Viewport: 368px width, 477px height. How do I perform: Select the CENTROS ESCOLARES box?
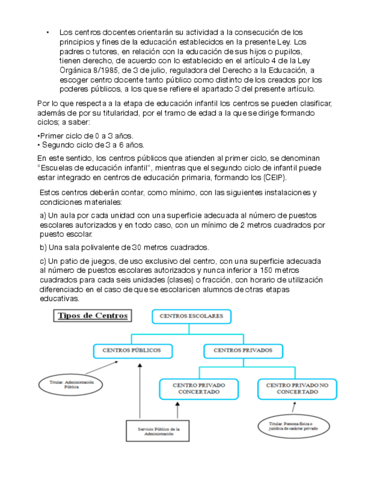(191, 316)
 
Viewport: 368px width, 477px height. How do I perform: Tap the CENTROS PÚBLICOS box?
(131, 350)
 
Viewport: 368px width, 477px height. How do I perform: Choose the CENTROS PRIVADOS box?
(243, 350)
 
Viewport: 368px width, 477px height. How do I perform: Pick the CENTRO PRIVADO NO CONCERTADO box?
(297, 389)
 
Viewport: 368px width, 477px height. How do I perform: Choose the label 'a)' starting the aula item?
(42, 216)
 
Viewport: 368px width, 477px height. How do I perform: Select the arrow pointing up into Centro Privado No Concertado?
(294, 406)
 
